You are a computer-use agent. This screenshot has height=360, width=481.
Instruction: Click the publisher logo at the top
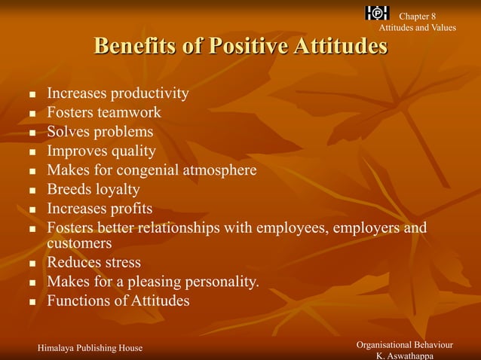(x=377, y=13)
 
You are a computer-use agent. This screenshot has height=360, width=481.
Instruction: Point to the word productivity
(x=150, y=94)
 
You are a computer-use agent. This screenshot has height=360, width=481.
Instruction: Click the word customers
(x=79, y=243)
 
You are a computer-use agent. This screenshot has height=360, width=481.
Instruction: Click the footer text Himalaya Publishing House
(x=90, y=347)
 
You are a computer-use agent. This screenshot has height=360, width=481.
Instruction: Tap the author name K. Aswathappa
(x=405, y=355)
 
